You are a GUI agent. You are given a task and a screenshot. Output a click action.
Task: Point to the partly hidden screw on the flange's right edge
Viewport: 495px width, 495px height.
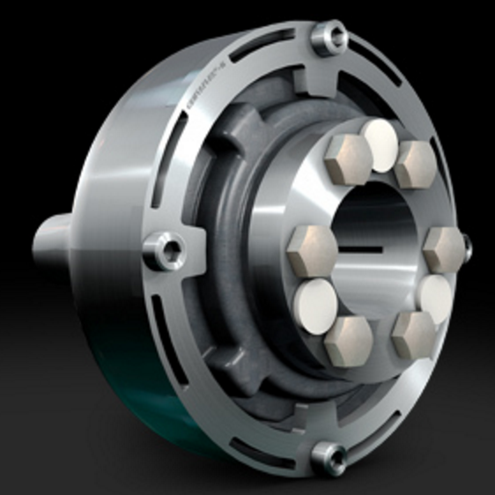[x=466, y=247]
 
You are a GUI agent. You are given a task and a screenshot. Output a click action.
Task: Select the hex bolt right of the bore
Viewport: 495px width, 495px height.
[x=443, y=249]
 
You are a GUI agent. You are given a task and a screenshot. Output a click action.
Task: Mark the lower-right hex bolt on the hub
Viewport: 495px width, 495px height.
[x=412, y=334]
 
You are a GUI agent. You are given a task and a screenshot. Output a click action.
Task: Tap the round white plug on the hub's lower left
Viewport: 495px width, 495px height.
[x=312, y=301]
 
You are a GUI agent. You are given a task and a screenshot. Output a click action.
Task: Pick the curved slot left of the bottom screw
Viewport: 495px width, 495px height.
[x=264, y=445]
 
